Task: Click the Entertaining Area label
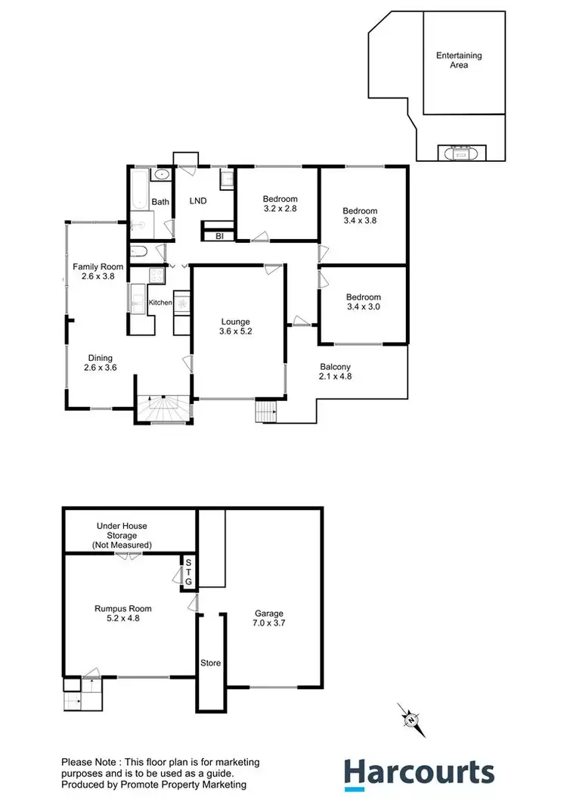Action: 459,61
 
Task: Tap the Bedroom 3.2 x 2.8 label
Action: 279,204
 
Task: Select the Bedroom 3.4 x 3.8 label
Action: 359,216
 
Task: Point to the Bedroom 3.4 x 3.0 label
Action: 363,302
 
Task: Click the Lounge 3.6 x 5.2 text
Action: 235,326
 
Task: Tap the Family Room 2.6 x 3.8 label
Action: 98,271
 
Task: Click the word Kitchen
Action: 160,303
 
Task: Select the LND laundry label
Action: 197,201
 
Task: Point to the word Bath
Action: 160,202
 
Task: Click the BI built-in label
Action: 219,236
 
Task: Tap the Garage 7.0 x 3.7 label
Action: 268,618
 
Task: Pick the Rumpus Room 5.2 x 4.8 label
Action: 123,613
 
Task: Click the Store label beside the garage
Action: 210,664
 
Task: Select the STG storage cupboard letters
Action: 189,572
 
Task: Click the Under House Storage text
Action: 122,535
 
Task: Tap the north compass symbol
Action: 411,719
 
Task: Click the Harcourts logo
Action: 420,772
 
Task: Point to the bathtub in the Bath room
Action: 138,189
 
